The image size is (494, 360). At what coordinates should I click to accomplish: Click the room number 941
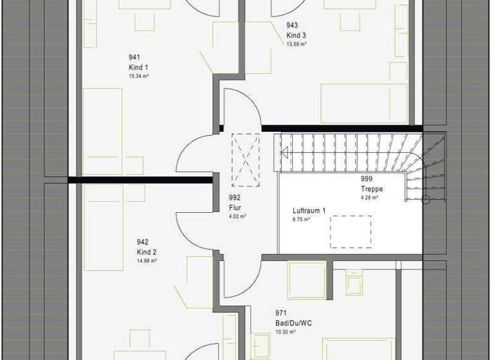134,58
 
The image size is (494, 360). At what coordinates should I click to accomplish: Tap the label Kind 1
138,67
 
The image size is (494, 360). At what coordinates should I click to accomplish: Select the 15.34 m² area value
138,75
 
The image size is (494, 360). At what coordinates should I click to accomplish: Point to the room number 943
292,26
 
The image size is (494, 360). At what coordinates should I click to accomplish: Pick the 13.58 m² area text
297,44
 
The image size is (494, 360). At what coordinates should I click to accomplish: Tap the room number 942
142,242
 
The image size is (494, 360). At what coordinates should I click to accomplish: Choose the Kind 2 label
147,252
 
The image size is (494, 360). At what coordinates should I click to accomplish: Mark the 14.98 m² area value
147,260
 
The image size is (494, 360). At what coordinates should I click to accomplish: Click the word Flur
234,208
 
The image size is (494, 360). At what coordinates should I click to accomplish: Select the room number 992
234,199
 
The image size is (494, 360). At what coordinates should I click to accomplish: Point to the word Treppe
372,190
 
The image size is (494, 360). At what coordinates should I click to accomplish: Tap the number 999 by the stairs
367,179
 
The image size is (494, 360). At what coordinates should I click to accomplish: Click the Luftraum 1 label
309,211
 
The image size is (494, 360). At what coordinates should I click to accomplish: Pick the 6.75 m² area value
301,219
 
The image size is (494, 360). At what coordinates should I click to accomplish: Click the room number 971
280,314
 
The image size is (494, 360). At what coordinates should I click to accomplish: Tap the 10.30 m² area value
285,332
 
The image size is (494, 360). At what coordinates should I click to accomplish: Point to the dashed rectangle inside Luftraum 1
351,232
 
